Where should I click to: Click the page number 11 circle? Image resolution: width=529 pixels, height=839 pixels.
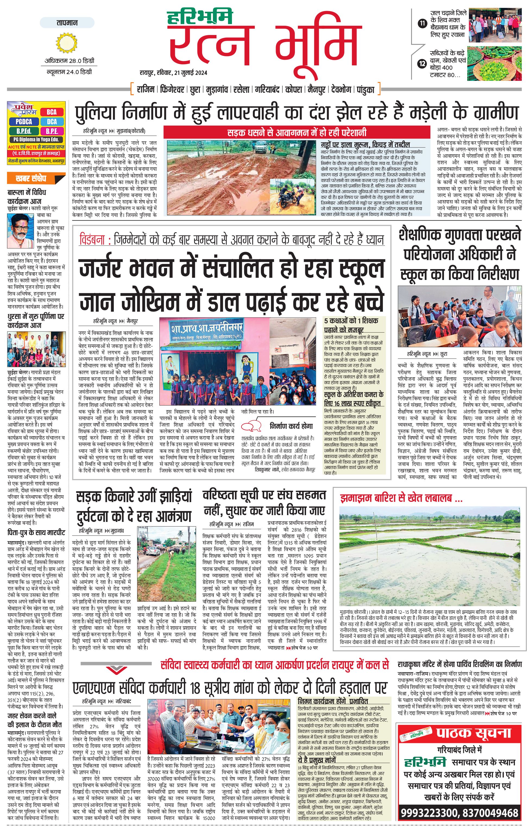tap(422, 24)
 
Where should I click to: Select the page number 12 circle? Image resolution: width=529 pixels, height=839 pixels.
tap(422, 64)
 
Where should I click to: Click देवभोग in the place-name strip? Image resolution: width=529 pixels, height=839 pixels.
tap(341, 90)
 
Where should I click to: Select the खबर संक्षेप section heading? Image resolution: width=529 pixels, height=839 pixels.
tap(31, 179)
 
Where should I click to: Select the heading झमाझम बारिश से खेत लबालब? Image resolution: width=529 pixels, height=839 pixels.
tap(401, 499)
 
